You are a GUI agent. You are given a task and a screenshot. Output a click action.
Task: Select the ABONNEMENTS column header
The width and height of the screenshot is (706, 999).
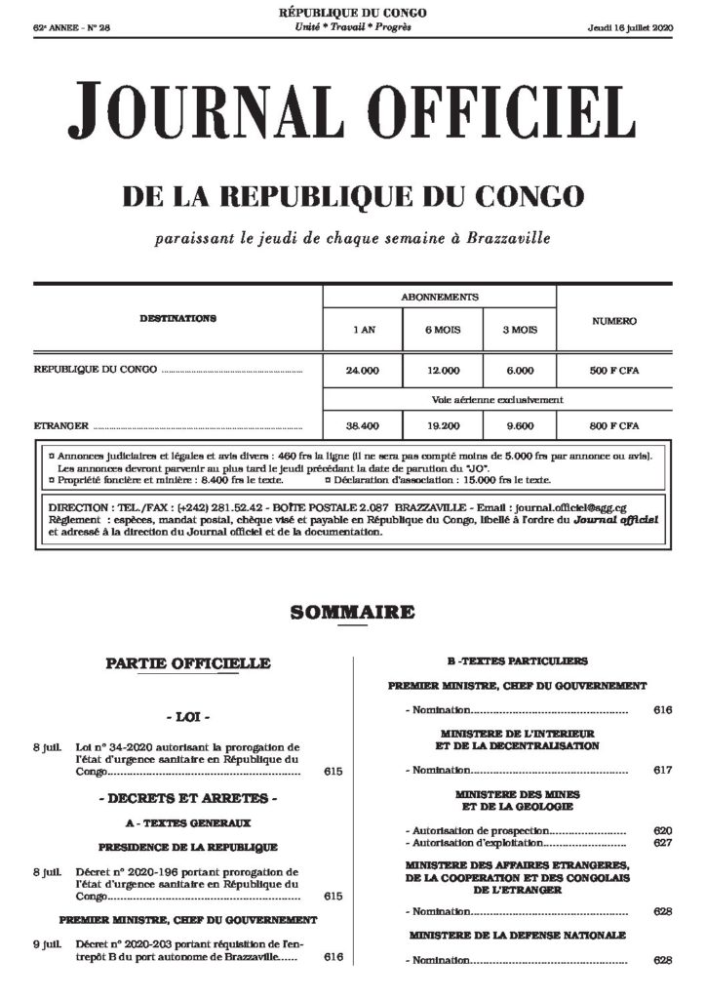pyautogui.click(x=439, y=297)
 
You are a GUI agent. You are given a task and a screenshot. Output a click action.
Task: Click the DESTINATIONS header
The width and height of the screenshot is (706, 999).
pyautogui.click(x=177, y=319)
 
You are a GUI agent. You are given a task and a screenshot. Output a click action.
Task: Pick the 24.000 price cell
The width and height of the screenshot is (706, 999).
pyautogui.click(x=362, y=371)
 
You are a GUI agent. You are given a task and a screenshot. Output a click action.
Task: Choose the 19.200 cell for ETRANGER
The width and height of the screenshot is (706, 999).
pyautogui.click(x=442, y=426)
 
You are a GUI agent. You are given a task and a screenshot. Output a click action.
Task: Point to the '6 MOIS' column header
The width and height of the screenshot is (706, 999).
pyautogui.click(x=442, y=331)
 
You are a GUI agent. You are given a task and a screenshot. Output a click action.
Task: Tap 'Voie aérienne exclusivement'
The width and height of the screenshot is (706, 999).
pyautogui.click(x=497, y=399)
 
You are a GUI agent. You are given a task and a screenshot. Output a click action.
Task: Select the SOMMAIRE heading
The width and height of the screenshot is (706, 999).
pyautogui.click(x=352, y=613)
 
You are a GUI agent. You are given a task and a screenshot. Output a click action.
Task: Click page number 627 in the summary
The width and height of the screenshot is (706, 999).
pyautogui.click(x=663, y=842)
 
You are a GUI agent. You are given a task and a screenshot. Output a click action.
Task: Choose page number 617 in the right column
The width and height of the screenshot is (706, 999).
pyautogui.click(x=663, y=771)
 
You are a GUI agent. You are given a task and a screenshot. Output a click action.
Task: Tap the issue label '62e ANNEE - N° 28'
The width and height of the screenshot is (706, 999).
pyautogui.click(x=72, y=26)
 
